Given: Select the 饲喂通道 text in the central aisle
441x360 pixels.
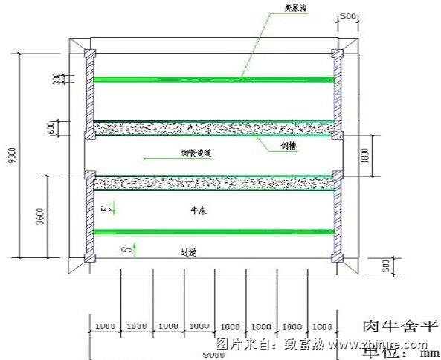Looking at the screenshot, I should [197, 152].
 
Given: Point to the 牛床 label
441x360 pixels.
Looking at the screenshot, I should [198, 211].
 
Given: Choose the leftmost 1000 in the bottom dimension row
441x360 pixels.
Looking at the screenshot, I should [105, 326].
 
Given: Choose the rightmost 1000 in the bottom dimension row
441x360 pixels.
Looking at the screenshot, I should [321, 326].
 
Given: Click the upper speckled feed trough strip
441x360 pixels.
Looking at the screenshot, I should [213, 128].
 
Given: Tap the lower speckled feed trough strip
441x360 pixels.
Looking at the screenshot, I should [213, 182].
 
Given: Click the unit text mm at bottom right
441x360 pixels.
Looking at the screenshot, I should [430, 353].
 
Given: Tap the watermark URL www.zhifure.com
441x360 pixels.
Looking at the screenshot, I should [378, 345].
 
